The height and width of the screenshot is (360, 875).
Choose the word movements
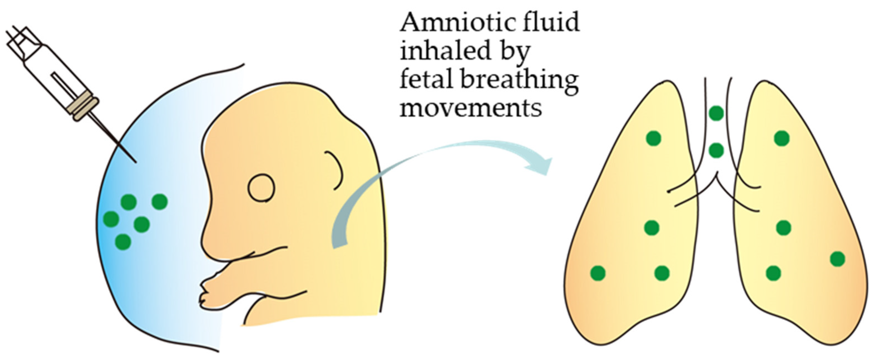(471, 108)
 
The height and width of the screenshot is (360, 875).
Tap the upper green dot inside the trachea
(716, 113)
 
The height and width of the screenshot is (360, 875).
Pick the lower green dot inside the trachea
(716, 150)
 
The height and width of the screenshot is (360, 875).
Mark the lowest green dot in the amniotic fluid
(123, 242)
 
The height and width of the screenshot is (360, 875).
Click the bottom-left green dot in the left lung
(598, 273)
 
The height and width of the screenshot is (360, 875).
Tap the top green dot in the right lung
(782, 138)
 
